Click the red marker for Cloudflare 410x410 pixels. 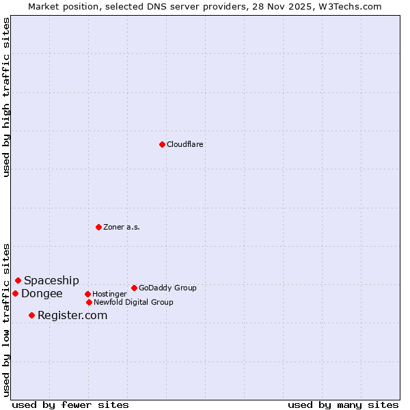(x=162, y=144)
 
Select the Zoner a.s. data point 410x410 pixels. (x=98, y=227)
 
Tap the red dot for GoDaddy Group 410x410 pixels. (x=134, y=288)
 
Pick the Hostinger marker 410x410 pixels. (x=87, y=294)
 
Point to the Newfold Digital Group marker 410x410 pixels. (x=89, y=302)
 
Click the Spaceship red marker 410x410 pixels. (x=18, y=280)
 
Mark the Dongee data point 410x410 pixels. (x=15, y=293)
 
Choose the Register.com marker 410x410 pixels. (x=31, y=315)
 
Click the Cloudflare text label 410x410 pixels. (x=184, y=145)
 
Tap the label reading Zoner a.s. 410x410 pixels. (x=122, y=228)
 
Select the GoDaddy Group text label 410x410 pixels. (x=167, y=288)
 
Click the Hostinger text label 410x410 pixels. (x=109, y=295)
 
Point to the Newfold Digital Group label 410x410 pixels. (x=133, y=303)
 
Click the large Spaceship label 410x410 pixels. (x=51, y=281)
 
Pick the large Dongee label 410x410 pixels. (x=42, y=294)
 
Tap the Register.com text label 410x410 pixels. (x=72, y=316)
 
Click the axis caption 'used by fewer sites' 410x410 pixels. (x=70, y=405)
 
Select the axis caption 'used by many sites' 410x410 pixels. (x=343, y=405)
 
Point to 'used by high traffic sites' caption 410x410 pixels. (x=7, y=97)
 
